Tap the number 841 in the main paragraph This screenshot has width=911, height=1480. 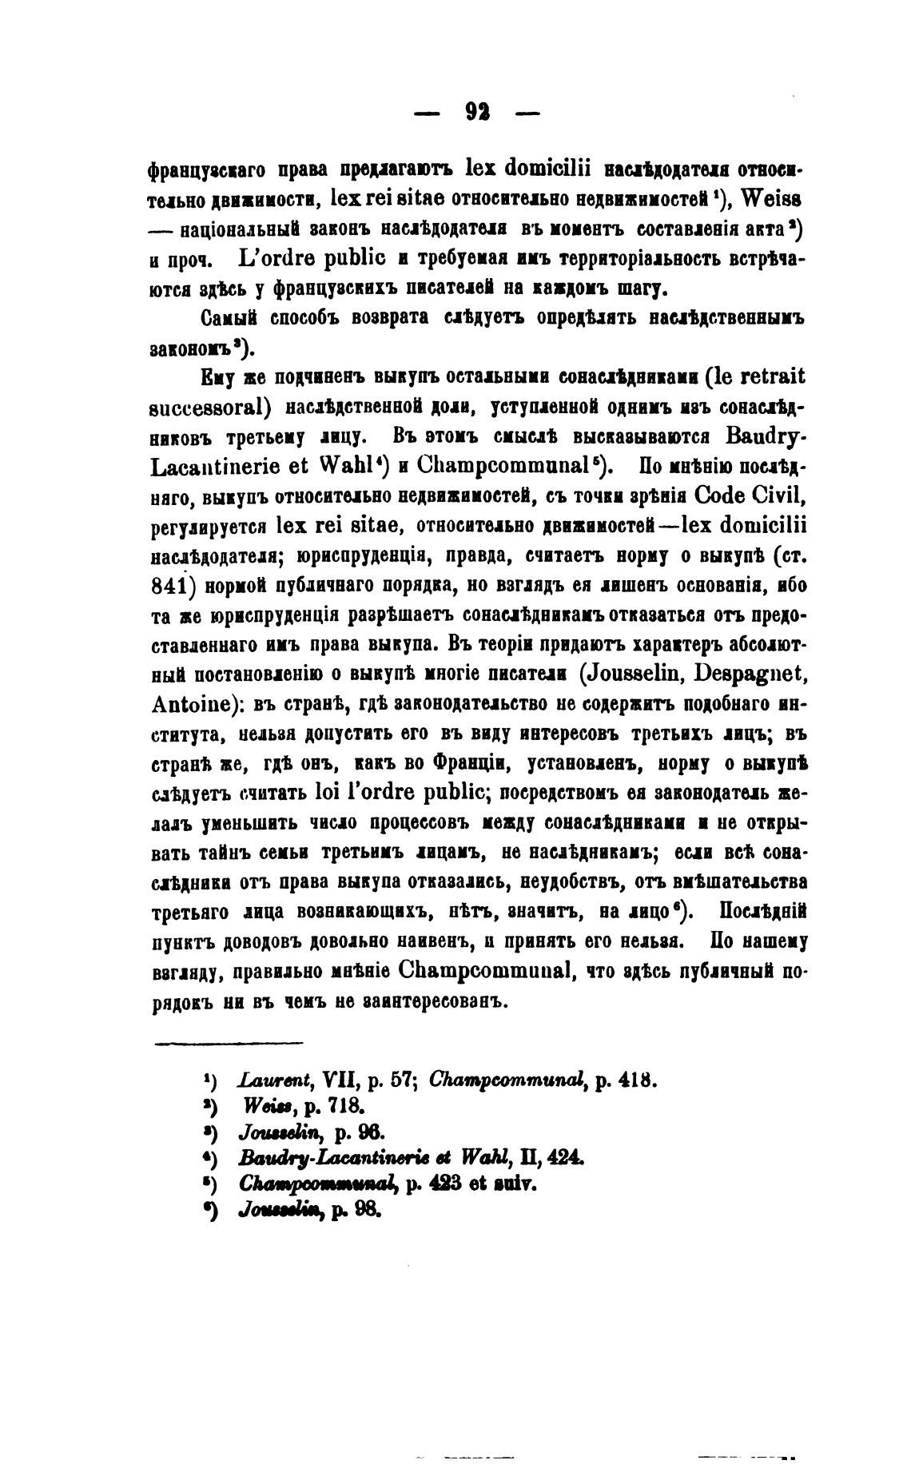pyautogui.click(x=169, y=585)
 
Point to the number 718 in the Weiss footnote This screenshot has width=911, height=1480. pyautogui.click(x=348, y=1107)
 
